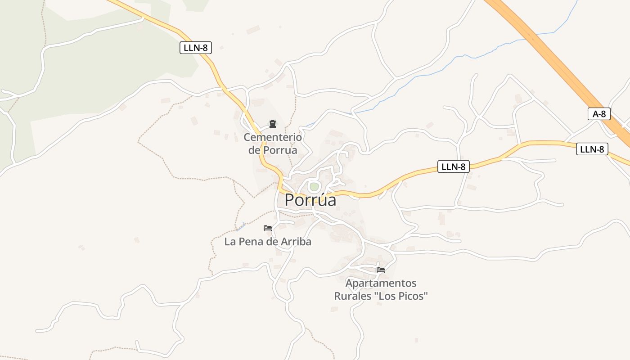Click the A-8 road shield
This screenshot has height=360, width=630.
point(599,114)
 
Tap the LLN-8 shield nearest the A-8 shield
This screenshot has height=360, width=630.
point(592,149)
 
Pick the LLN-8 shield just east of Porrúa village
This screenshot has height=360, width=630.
point(453,167)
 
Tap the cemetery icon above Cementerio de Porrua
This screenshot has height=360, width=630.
point(272,124)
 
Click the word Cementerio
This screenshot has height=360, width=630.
point(273,137)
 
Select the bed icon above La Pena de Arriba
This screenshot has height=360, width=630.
point(268,228)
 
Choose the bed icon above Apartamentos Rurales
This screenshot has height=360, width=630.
point(381,270)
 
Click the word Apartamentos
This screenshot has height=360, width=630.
point(381,283)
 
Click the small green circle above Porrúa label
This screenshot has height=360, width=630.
point(314,186)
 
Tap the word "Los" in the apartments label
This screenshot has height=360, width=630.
point(387,296)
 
